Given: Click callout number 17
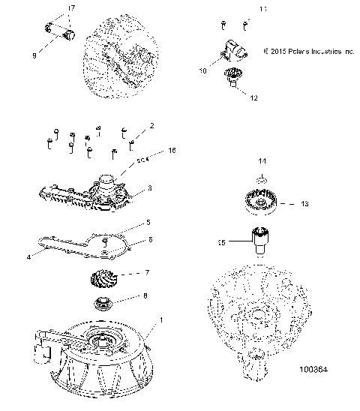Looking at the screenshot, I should (72, 8).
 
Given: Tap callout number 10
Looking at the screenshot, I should (202, 70).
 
